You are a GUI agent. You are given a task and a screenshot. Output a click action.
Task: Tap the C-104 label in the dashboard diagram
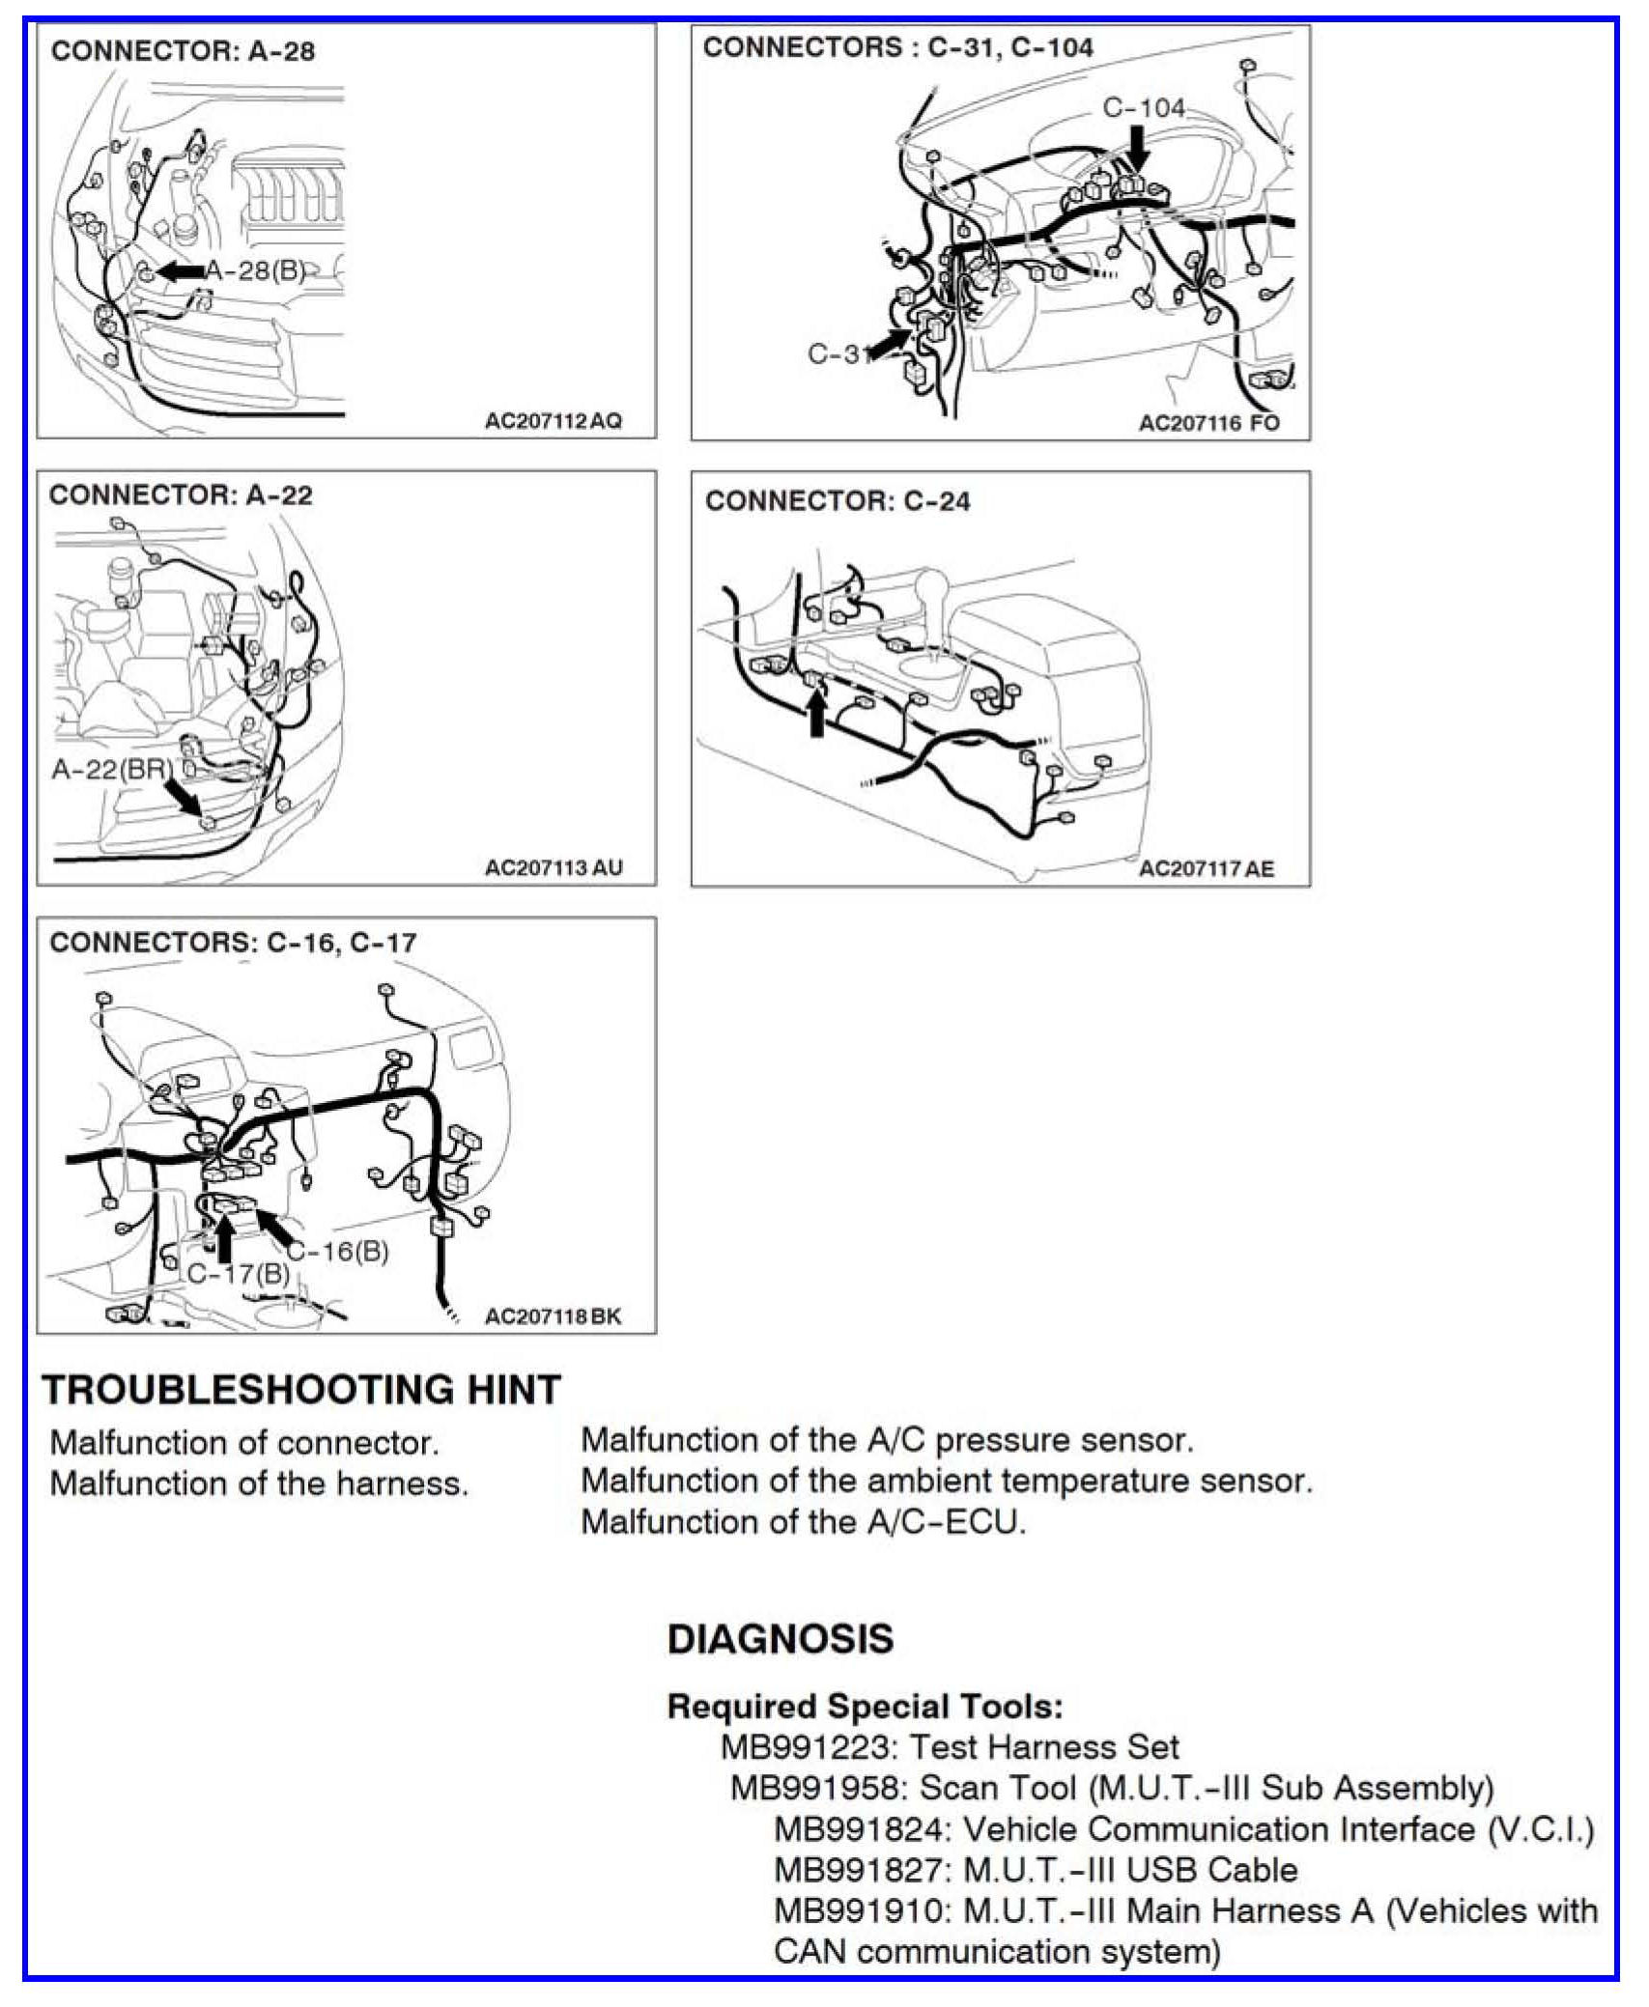[x=1144, y=107]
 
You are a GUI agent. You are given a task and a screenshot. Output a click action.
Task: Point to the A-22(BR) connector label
[x=113, y=769]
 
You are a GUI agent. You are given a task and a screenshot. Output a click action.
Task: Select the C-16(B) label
[x=340, y=1252]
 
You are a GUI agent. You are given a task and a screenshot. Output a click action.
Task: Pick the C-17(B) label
[x=239, y=1274]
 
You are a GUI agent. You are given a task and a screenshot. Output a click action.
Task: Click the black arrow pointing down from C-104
[x=1139, y=148]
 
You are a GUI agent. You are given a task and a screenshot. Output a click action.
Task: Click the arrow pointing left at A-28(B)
[x=181, y=272]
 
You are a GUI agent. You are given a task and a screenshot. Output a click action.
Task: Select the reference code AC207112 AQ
[x=554, y=421]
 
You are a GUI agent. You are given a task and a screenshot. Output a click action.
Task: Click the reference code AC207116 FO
[x=1208, y=423]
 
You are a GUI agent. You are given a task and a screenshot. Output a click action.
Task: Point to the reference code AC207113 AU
[x=554, y=867]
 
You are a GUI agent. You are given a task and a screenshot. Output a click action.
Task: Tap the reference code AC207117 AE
[x=1207, y=868]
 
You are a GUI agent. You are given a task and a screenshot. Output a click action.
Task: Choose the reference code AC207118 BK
[x=553, y=1315]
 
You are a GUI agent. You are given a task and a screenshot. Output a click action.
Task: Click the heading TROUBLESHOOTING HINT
[x=301, y=1390]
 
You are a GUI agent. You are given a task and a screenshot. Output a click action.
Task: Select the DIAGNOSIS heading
[x=781, y=1639]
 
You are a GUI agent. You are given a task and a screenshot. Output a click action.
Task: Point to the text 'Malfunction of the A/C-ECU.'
[x=803, y=1521]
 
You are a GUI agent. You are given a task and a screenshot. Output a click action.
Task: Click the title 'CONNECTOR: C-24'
[x=838, y=501]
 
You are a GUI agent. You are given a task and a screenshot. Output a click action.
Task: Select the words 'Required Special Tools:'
[x=865, y=1706]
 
